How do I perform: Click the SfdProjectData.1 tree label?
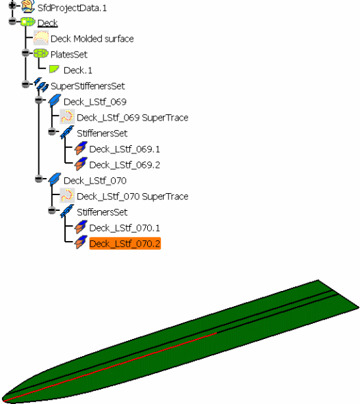pos(72,8)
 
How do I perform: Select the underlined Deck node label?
pos(47,23)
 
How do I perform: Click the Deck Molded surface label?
pos(92,39)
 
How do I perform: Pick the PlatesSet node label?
pos(69,55)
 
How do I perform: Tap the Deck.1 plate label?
pos(78,71)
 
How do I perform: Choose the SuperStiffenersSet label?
pos(88,86)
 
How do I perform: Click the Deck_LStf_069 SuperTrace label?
pos(132,118)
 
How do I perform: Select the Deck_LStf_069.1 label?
pos(125,149)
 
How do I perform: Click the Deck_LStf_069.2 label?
pos(125,165)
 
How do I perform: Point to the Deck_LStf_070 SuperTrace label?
pos(132,197)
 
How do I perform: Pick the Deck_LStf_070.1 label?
pos(125,228)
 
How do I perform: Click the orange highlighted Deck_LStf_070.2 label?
pos(125,244)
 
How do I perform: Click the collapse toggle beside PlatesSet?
pos(25,53)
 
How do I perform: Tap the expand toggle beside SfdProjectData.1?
pos(12,5)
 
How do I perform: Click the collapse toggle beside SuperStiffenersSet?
pos(25,84)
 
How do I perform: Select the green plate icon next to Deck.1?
pos(54,68)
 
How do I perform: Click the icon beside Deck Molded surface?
pos(41,38)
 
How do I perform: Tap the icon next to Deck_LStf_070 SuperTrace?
pos(67,196)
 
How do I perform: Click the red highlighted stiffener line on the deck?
pos(110,368)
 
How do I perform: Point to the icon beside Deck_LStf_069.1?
pos(81,148)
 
